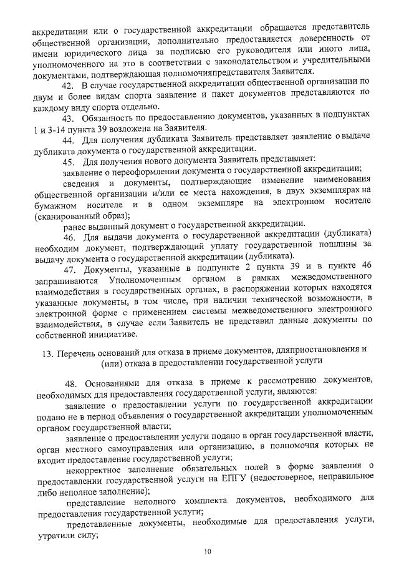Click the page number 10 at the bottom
coord(208,551)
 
